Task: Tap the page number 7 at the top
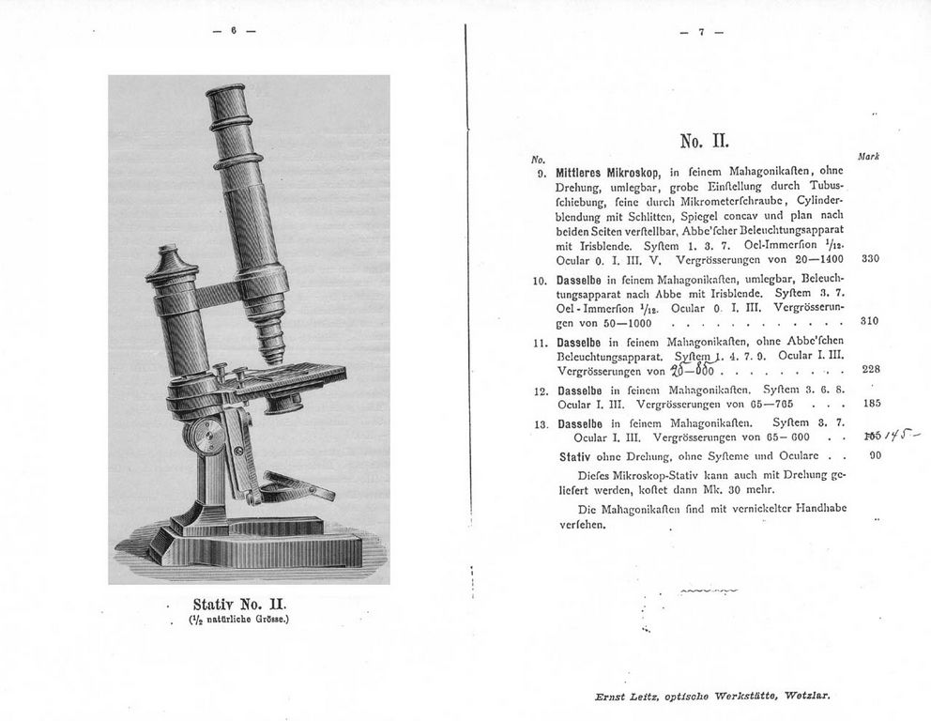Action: [x=701, y=31]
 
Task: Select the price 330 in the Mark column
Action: [x=868, y=258]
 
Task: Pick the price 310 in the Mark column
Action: [x=868, y=321]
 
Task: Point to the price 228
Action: [x=869, y=369]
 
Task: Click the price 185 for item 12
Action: [x=869, y=404]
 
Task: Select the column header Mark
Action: [x=867, y=157]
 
